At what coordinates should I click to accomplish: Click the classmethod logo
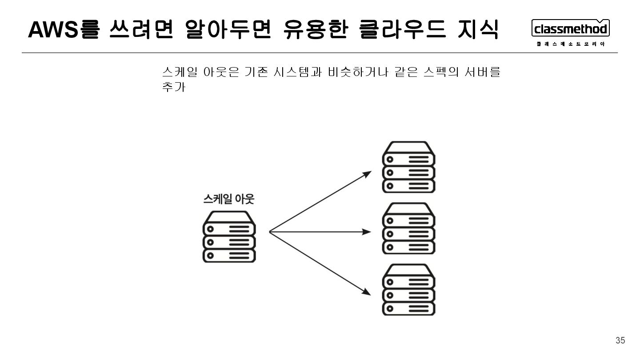click(571, 28)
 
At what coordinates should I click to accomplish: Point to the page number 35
click(620, 340)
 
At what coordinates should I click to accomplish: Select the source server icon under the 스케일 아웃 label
click(229, 236)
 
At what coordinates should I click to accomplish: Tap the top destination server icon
click(409, 167)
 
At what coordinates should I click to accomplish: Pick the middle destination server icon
click(409, 228)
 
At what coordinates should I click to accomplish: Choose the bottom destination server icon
click(409, 290)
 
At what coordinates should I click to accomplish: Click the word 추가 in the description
click(174, 87)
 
